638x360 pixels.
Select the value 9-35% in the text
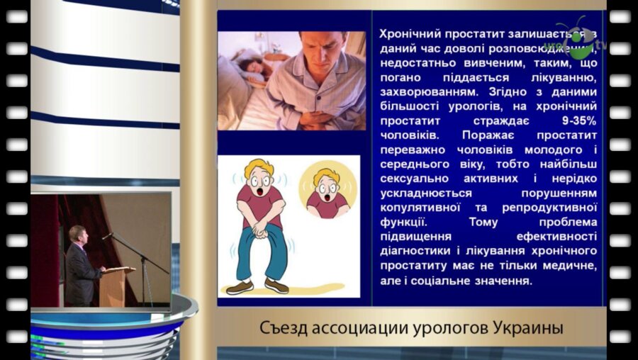pyautogui.click(x=576, y=120)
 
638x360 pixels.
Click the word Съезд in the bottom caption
pyautogui.click(x=282, y=329)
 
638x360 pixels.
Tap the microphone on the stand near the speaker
pyautogui.click(x=107, y=236)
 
